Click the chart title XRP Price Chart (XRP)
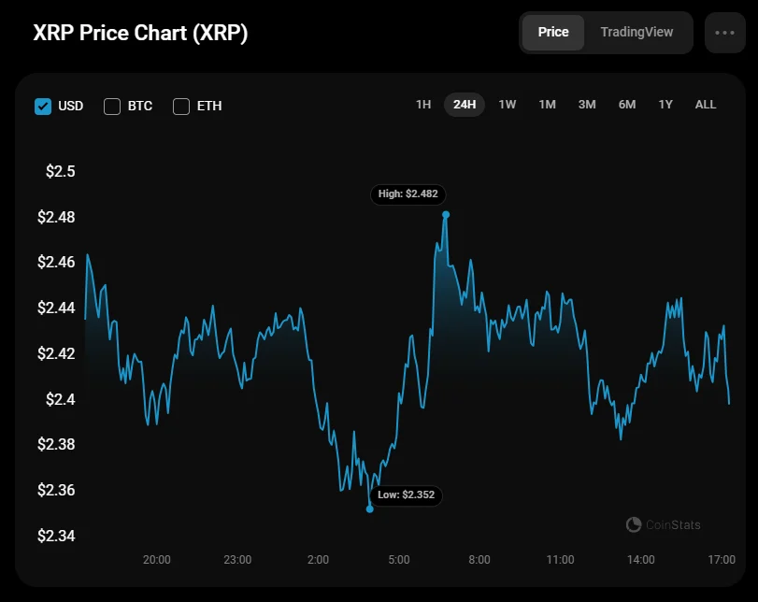point(140,33)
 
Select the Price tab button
point(552,32)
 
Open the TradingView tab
point(636,32)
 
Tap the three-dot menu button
point(724,33)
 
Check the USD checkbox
point(43,106)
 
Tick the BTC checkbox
point(112,106)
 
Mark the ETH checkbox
point(181,106)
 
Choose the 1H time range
point(423,105)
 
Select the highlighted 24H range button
point(465,105)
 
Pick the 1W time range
point(507,105)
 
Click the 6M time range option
point(626,105)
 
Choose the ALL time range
point(706,105)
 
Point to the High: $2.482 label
point(408,194)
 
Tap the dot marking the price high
point(446,214)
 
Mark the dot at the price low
point(370,509)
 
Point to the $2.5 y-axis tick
point(60,172)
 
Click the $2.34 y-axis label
point(56,536)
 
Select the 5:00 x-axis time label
point(399,560)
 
